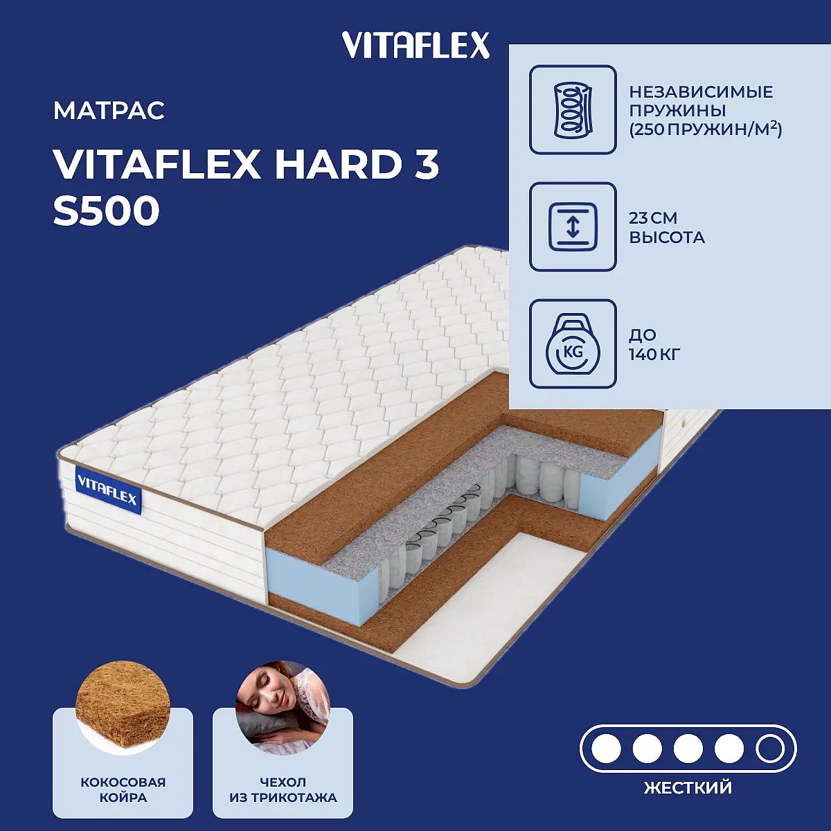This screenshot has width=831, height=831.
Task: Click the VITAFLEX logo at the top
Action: point(415,45)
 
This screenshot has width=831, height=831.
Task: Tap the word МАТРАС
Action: point(109,111)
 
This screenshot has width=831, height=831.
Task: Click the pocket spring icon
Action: point(573,110)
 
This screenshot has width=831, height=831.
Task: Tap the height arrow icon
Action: point(573,227)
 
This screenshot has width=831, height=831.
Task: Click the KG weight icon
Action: point(573,343)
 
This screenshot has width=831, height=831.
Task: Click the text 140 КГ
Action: point(654,355)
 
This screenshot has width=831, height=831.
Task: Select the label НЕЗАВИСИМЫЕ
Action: point(701,92)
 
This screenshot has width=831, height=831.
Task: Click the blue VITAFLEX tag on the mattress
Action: point(108,490)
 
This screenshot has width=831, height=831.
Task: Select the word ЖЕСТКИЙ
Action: point(688,787)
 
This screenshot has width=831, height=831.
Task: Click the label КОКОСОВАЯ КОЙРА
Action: point(123,789)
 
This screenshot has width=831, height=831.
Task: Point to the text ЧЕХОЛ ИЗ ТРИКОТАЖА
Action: point(283,789)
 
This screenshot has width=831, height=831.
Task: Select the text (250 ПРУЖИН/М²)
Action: point(705,129)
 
